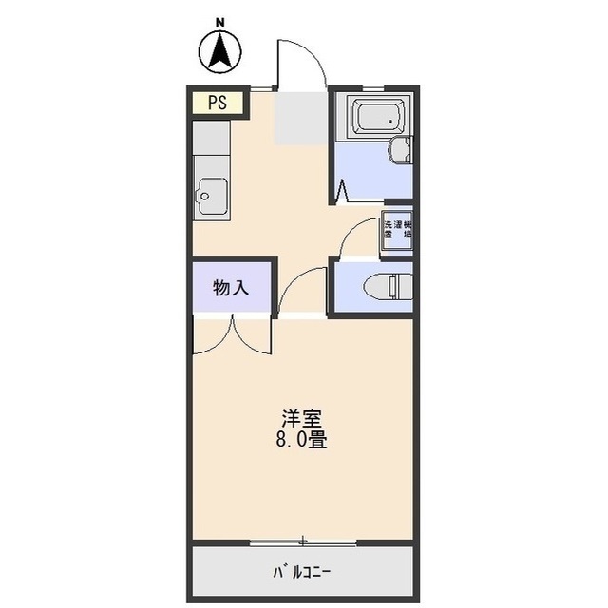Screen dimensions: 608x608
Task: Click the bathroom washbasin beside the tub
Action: pyautogui.click(x=403, y=150)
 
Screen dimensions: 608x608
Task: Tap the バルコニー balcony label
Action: pyautogui.click(x=302, y=572)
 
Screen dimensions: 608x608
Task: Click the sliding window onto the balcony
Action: pyautogui.click(x=302, y=542)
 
